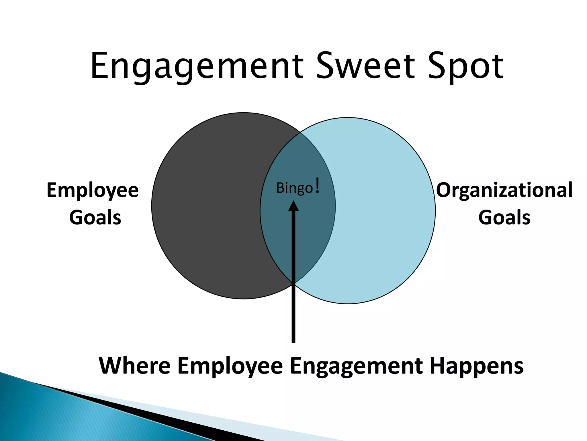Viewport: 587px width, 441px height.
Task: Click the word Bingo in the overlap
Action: (294, 188)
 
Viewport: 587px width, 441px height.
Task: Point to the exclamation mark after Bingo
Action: (317, 185)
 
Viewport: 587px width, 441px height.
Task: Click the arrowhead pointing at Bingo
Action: (293, 206)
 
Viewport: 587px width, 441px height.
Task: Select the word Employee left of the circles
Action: (93, 191)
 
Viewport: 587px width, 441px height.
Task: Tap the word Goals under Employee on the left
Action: (95, 217)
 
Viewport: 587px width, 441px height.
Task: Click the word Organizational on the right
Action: (504, 190)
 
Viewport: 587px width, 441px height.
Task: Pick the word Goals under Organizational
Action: (504, 217)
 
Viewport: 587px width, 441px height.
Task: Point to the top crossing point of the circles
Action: (301, 133)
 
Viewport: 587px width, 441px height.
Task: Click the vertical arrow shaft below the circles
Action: (293, 319)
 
